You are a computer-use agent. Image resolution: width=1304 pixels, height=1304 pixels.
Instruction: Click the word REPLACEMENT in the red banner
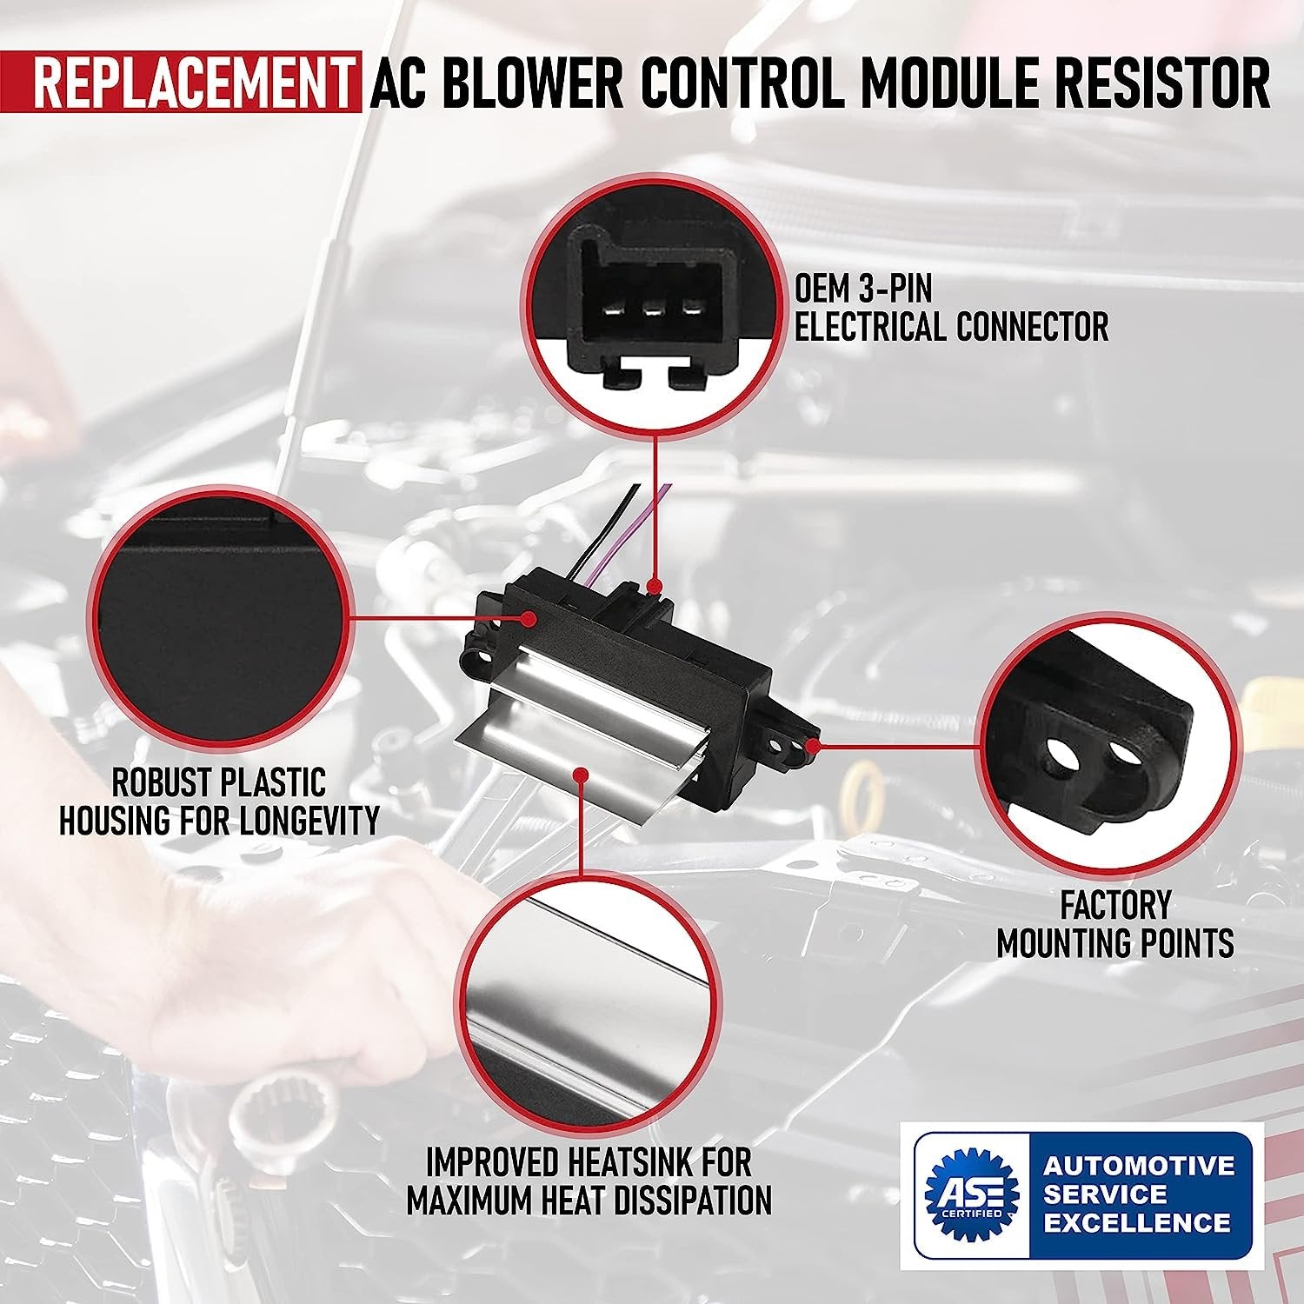pos(192,83)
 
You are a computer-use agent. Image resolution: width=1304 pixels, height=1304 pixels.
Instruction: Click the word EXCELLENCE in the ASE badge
pos(1137,1223)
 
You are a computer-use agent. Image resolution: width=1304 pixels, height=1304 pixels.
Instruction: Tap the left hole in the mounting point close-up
pos(1061,754)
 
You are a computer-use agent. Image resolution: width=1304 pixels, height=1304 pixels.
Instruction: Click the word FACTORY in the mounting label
pos(1114,905)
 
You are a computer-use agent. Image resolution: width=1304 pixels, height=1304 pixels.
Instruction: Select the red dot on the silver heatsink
pos(581,770)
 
